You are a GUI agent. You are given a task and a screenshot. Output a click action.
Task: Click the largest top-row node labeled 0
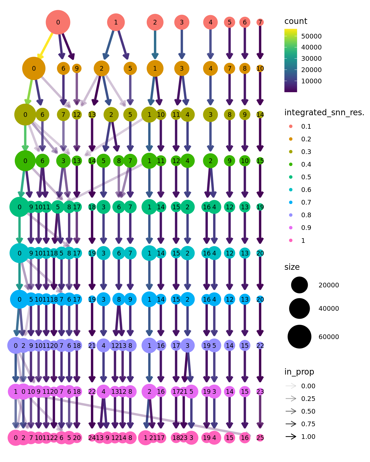[x=58, y=22]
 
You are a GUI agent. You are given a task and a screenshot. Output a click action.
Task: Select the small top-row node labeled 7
[x=260, y=22]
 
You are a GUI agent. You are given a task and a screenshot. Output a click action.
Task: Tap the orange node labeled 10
[x=260, y=68]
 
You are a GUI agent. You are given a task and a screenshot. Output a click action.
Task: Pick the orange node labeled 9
[x=77, y=68]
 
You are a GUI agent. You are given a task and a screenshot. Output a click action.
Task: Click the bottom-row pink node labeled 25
[x=260, y=438]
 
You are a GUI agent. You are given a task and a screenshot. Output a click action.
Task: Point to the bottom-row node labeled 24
[x=92, y=438]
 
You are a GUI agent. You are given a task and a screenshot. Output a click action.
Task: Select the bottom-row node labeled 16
[x=245, y=438]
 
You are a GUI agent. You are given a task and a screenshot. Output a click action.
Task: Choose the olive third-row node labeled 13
[x=92, y=115]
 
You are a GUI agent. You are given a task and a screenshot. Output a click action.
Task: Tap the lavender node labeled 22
[x=260, y=345]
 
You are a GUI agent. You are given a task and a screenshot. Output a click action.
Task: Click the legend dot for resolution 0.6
[x=291, y=190]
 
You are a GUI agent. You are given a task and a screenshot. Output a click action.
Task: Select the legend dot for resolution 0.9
[x=291, y=228]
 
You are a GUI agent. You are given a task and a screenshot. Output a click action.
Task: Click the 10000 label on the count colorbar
[x=311, y=81]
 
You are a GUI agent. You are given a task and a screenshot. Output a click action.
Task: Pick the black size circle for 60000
[x=299, y=337]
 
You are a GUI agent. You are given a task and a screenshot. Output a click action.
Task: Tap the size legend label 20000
[x=328, y=285]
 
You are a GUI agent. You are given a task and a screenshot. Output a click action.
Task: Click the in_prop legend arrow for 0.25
[x=291, y=399]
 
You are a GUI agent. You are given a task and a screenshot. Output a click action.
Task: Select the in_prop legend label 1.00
[x=308, y=437]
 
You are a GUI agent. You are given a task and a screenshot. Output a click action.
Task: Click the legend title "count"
[x=296, y=21]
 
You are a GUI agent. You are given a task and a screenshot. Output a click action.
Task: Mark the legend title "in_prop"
[x=299, y=372]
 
